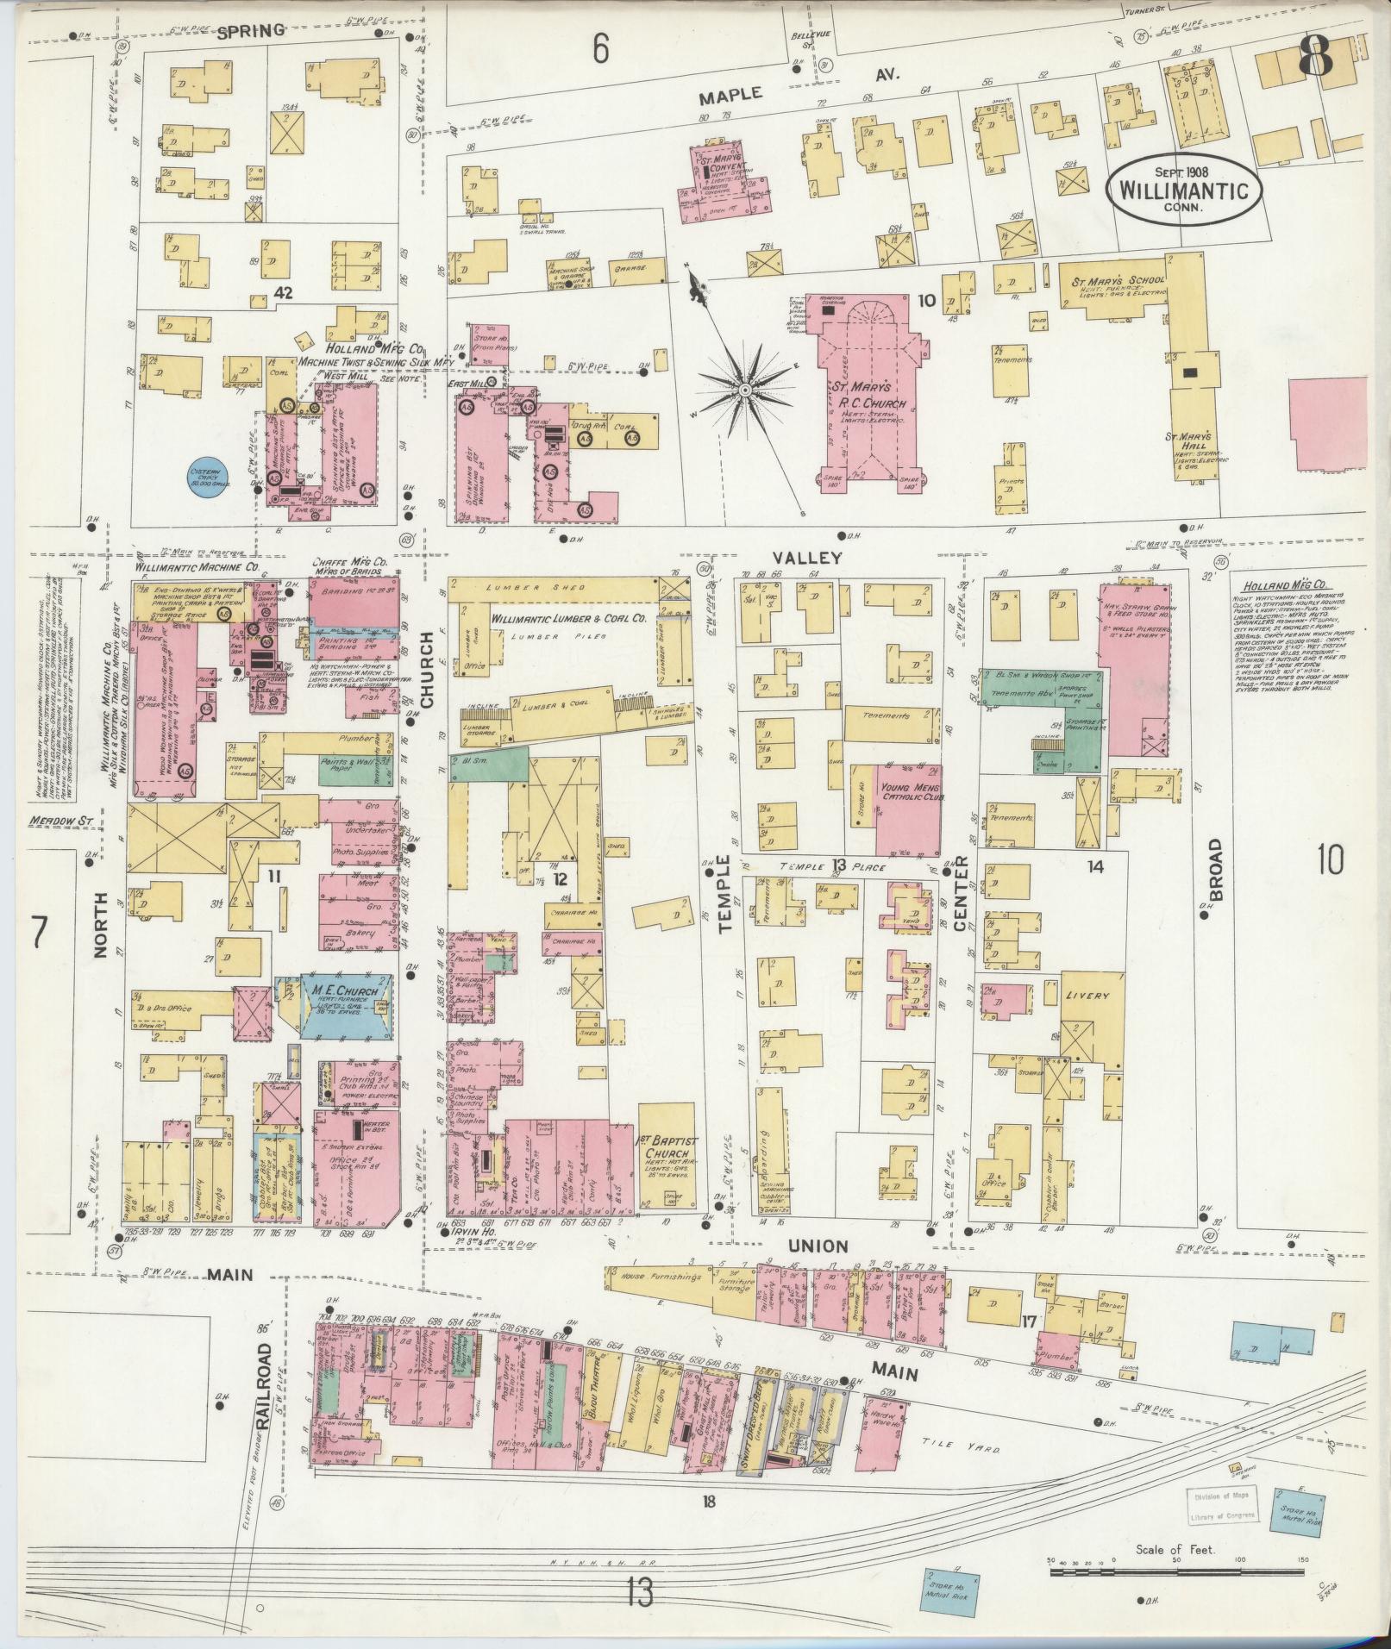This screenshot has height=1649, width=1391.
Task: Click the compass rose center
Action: (744, 390)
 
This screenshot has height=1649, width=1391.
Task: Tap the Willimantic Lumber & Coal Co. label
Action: (568, 619)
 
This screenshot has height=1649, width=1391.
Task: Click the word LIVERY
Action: (1087, 996)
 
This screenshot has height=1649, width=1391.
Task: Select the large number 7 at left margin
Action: (37, 934)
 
